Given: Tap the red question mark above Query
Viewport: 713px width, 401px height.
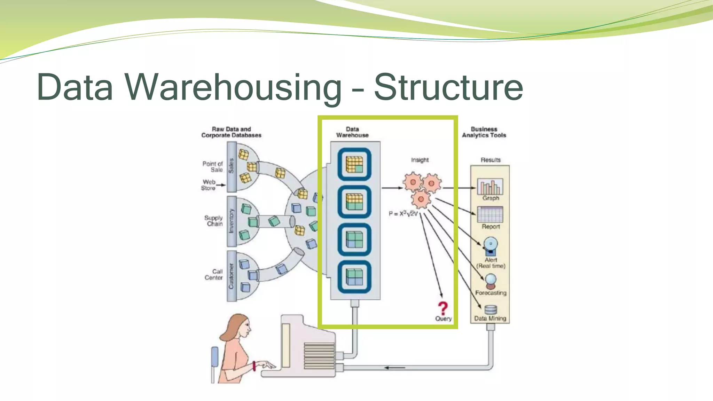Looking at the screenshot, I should click(442, 308).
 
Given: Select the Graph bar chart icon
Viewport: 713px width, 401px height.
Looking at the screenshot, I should click(490, 187).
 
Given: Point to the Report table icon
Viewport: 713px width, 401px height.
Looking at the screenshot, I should click(490, 214).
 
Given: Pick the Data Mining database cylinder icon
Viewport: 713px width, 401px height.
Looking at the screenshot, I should click(491, 310).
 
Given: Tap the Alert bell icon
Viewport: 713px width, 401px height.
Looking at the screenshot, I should click(491, 246).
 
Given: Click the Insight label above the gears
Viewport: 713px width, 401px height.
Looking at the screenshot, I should click(420, 160).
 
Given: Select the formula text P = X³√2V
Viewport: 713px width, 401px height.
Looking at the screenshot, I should click(403, 214).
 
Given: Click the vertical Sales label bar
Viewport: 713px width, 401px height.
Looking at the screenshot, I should click(231, 166).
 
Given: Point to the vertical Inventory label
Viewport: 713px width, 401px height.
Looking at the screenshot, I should click(231, 221).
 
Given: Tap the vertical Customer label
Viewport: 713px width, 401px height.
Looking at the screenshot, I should click(231, 276).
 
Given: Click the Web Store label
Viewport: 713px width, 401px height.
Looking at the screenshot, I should click(209, 185).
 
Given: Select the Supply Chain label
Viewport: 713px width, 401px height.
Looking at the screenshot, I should click(214, 221).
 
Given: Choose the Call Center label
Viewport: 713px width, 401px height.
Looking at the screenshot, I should click(214, 274).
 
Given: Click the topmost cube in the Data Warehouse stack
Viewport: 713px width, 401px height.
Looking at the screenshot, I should click(354, 164).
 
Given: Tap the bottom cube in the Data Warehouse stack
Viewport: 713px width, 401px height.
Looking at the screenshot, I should click(354, 277).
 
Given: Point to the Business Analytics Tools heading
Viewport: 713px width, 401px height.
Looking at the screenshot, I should click(484, 132).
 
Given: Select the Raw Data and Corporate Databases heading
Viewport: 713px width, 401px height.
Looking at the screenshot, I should click(231, 132).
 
